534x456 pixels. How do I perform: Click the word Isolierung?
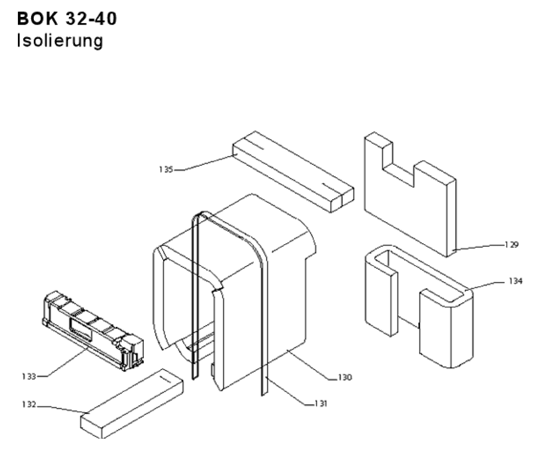pyautogui.click(x=59, y=40)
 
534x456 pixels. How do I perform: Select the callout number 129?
pyautogui.click(x=511, y=245)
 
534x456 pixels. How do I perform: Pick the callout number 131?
pyautogui.click(x=321, y=403)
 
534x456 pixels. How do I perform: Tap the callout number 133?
pyautogui.click(x=31, y=377)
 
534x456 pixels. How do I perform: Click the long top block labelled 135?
pyautogui.click(x=292, y=171)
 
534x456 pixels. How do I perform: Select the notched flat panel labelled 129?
pyautogui.click(x=404, y=205)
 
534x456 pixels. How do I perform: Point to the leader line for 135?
pyautogui.click(x=205, y=163)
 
